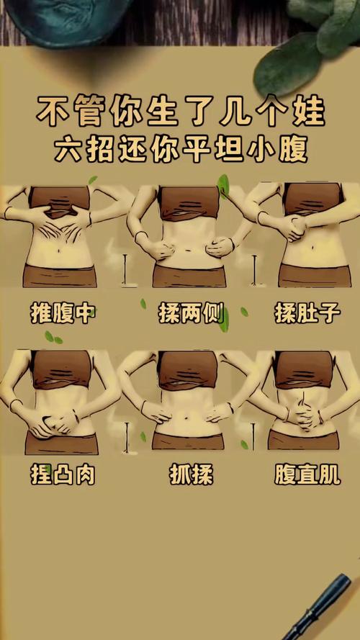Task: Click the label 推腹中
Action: [x=62, y=313]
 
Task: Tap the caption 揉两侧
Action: [x=189, y=314]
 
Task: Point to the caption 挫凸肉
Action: [x=63, y=474]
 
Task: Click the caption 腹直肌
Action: [x=307, y=474]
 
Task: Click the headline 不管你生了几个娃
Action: [x=181, y=112]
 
